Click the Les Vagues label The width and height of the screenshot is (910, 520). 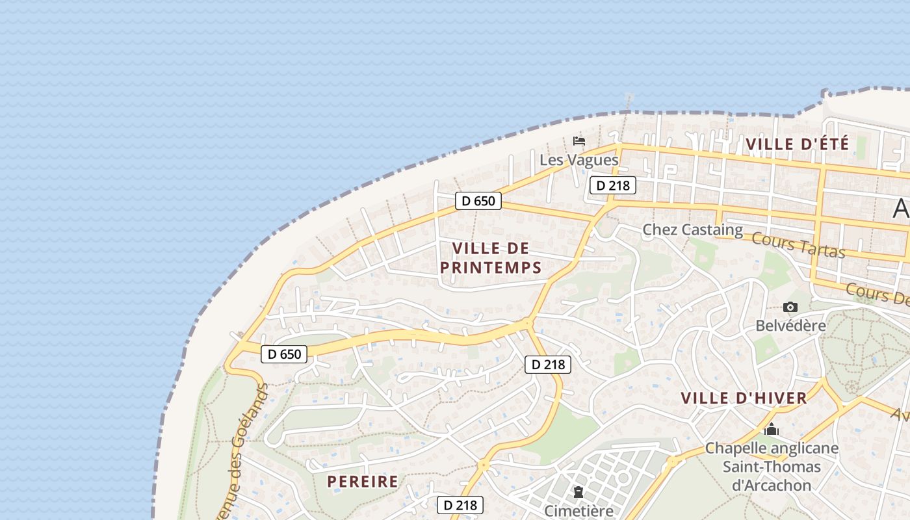[x=578, y=160]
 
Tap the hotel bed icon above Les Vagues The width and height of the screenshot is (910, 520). [x=578, y=140]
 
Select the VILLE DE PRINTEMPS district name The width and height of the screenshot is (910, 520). [x=491, y=257]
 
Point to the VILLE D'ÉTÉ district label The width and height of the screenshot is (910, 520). [x=798, y=144]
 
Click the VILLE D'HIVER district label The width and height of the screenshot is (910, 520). [x=744, y=398]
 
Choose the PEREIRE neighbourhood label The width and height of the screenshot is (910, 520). [x=363, y=482]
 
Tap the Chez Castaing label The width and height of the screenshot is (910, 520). [x=692, y=229]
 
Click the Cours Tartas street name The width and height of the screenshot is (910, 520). [x=798, y=244]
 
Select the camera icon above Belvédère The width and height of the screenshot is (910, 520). [x=790, y=307]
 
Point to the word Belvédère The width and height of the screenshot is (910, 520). [x=790, y=325]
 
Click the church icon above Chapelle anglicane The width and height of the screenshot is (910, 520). [x=772, y=430]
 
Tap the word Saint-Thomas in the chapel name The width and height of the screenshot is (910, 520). [x=772, y=467]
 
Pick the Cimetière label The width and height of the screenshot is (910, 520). [x=578, y=510]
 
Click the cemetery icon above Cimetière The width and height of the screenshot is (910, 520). [x=578, y=492]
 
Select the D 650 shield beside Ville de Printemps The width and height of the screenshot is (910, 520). [x=478, y=201]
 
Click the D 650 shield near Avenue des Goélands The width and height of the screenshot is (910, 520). [x=284, y=354]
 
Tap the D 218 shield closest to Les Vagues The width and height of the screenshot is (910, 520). [x=612, y=185]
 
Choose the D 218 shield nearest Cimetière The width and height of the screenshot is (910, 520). [x=460, y=504]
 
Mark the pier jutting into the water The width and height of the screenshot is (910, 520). [x=628, y=101]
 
